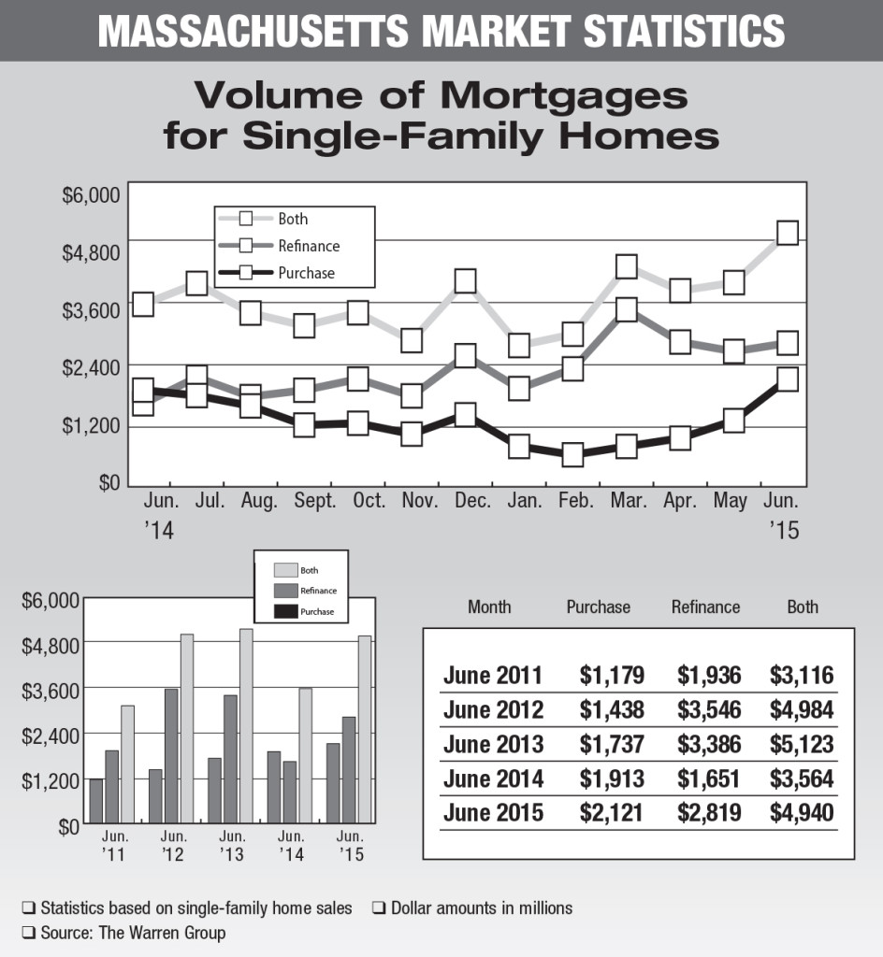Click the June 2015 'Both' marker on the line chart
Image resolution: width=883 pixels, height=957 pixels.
787,233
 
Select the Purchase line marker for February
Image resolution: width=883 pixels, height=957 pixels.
572,454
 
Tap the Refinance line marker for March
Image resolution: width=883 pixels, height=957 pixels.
627,309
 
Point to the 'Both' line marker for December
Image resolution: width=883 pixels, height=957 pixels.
465,280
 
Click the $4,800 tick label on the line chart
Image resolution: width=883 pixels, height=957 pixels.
91,252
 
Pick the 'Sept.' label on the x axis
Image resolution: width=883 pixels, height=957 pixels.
315,502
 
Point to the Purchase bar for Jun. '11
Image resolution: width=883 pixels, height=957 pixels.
95,801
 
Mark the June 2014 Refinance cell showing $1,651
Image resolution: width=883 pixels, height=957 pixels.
707,778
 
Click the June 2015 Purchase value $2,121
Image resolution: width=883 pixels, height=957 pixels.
612,812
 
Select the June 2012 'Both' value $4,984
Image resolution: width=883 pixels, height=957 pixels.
802,709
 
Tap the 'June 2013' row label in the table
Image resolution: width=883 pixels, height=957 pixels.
494,744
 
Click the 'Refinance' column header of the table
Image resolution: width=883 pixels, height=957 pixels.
705,607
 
